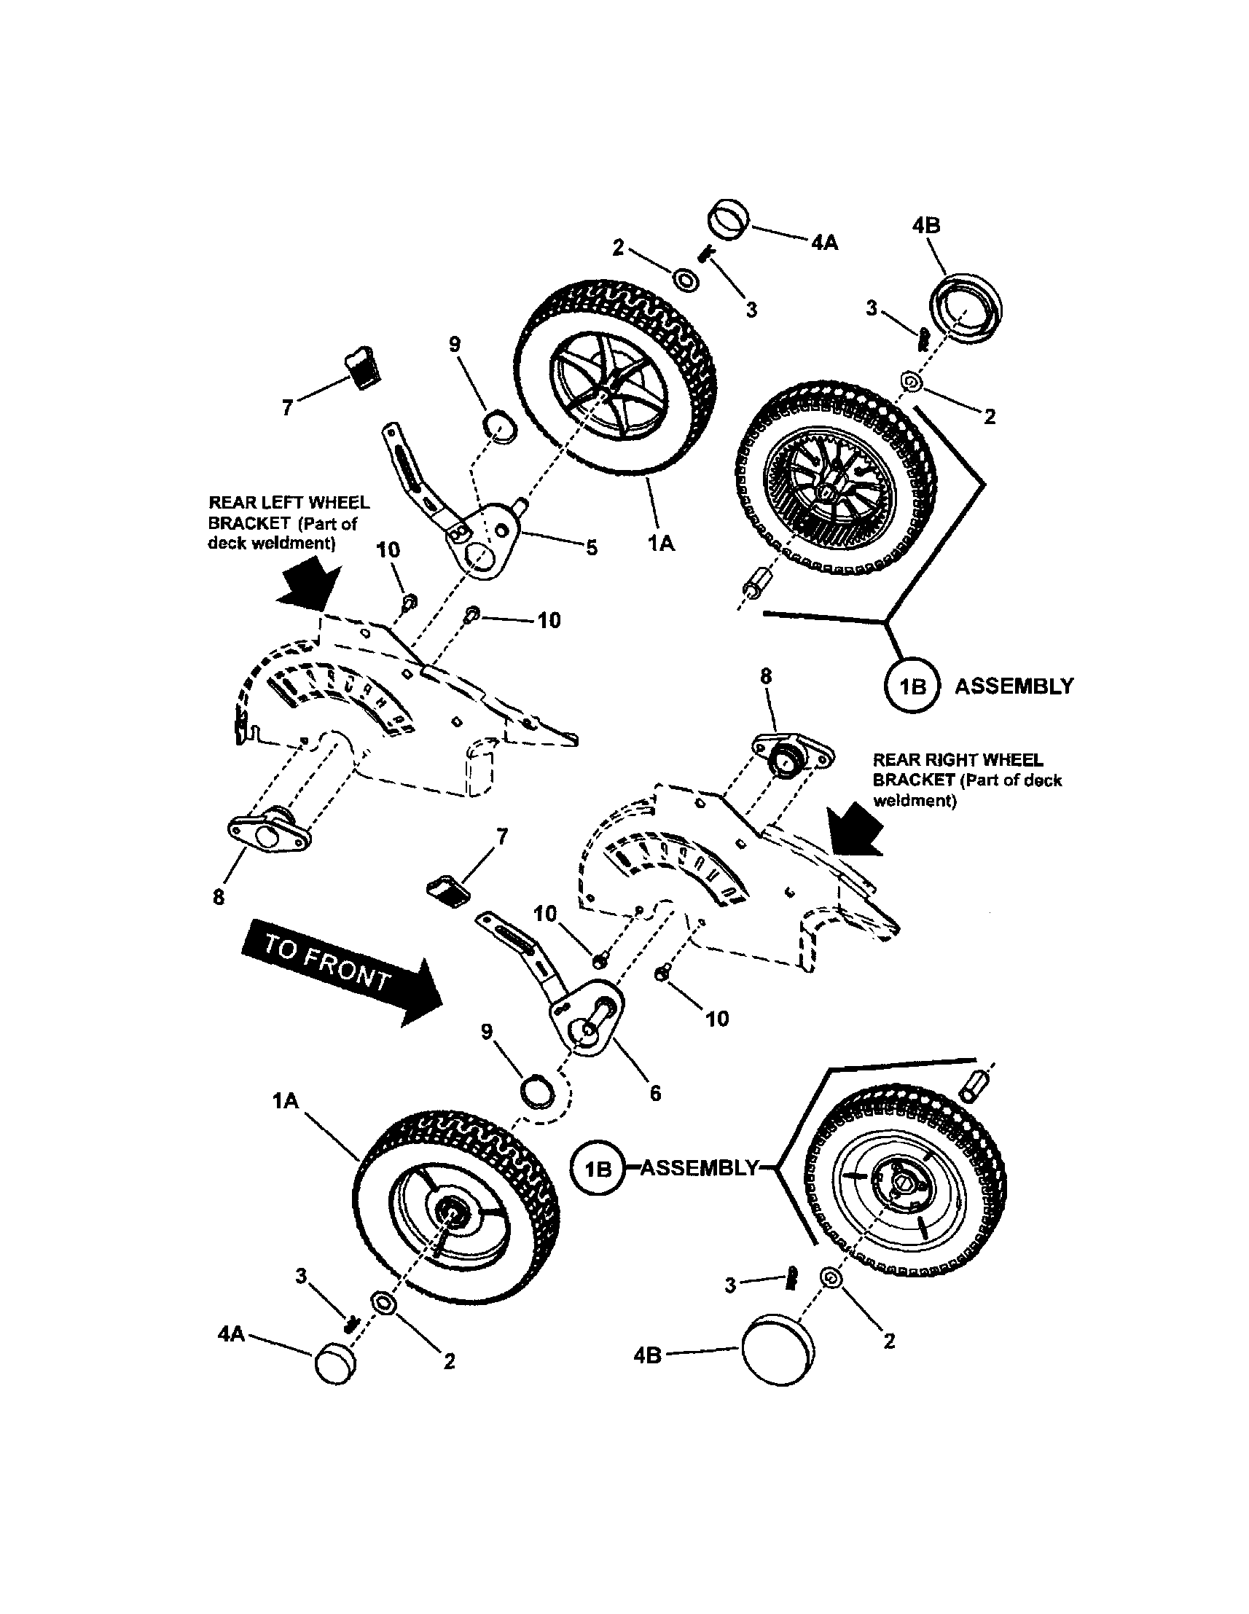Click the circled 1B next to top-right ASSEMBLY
(913, 686)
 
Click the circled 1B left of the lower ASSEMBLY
(599, 1167)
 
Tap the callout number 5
(591, 549)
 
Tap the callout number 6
(655, 1093)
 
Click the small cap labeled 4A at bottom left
(334, 1363)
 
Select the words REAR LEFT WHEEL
(289, 504)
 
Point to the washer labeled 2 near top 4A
(687, 281)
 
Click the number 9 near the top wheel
(455, 344)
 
